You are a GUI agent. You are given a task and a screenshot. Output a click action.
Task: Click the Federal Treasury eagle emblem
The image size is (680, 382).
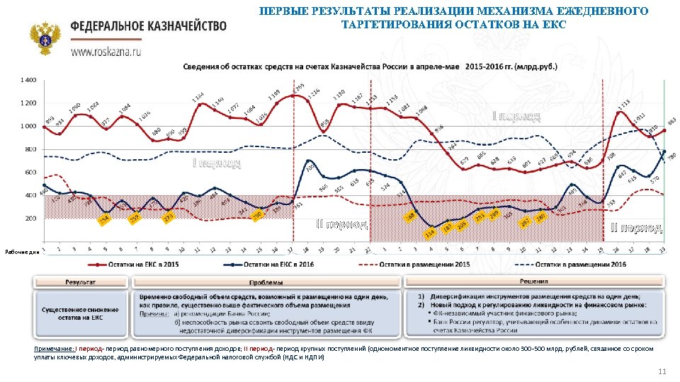click(45, 38)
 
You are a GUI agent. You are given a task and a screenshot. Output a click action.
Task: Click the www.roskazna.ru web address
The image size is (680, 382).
click(106, 52)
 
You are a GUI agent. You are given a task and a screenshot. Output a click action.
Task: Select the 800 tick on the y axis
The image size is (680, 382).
click(30, 149)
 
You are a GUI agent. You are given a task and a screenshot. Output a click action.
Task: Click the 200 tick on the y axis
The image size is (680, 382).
click(30, 219)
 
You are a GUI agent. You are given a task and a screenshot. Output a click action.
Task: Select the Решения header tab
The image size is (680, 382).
click(534, 282)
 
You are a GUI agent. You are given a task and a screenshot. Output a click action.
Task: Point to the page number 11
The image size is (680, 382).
click(662, 372)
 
